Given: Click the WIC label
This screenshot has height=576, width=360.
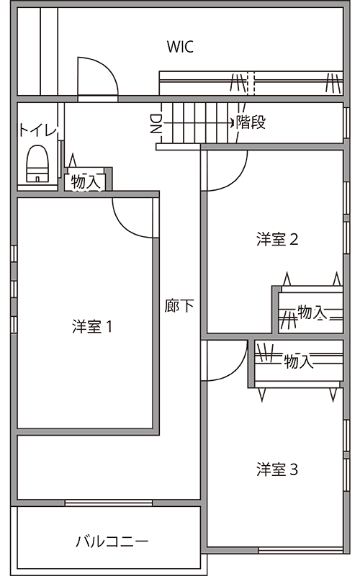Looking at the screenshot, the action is [x=180, y=47].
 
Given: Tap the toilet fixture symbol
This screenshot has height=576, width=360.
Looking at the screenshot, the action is [x=37, y=163].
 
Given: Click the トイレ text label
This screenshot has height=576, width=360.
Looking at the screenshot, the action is [x=39, y=130].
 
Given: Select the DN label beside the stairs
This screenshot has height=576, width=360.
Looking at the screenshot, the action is [x=156, y=123].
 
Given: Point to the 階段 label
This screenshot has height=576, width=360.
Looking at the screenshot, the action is [x=251, y=122].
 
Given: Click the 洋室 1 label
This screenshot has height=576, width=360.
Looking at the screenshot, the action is [x=92, y=326].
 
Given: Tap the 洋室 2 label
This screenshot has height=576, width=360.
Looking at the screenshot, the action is [x=277, y=240].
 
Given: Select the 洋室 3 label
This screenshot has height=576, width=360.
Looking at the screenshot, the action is [x=277, y=469].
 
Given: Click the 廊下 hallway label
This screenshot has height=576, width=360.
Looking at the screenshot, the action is [x=179, y=305].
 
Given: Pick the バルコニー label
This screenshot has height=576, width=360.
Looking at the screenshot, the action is [x=112, y=541].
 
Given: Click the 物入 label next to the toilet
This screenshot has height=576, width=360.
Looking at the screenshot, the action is [x=85, y=182].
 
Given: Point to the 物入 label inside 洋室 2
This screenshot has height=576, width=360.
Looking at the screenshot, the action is [x=312, y=312].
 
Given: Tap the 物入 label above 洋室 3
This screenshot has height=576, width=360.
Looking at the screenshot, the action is [x=299, y=361].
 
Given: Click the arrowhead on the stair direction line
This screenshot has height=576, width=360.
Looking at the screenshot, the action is [x=233, y=122].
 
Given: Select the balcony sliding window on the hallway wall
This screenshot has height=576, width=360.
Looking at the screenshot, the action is [x=109, y=503].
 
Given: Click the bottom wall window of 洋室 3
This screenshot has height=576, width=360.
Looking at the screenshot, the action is [x=301, y=550].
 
